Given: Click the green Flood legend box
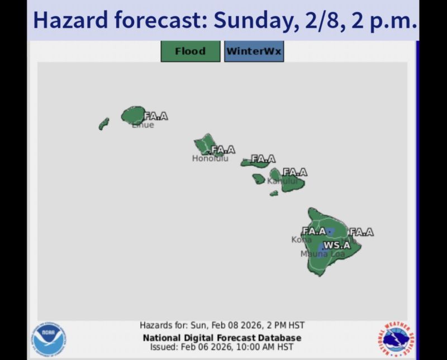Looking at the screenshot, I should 190,51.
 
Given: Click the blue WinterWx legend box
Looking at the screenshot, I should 254,51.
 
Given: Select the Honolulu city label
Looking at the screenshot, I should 210,159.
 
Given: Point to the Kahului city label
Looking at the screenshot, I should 283,181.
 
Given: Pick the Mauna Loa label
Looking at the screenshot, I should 322,254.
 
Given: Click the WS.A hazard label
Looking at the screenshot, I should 337,245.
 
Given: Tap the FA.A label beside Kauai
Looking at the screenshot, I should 155,116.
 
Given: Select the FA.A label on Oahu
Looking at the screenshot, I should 223,150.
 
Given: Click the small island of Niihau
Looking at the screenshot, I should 104,123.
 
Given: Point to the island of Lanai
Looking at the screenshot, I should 258,179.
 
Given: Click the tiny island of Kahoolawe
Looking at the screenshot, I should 274,193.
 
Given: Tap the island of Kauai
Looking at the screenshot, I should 133,115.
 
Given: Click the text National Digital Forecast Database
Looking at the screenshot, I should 222,338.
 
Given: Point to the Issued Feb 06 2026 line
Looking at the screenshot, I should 222,347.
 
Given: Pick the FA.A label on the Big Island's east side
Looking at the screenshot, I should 362,232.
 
